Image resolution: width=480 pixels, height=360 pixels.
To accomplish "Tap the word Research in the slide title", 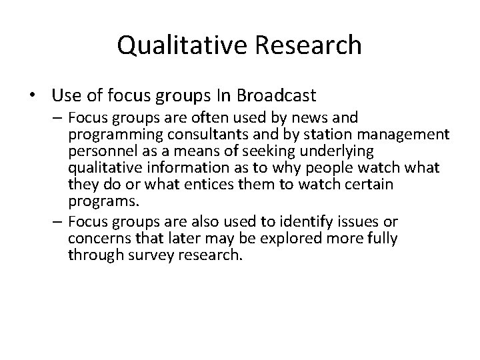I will [305, 45].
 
